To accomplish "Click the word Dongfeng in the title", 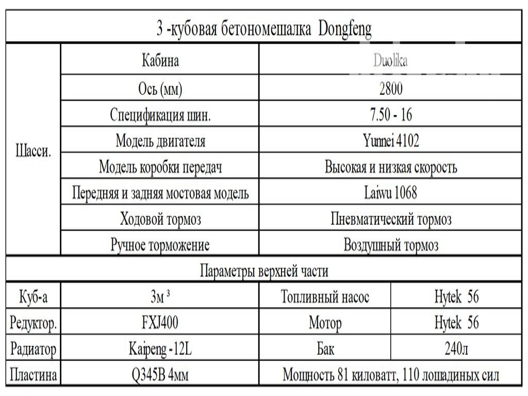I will coord(345,29).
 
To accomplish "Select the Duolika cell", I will coord(390,61).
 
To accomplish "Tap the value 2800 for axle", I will coord(390,89).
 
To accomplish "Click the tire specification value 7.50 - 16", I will coord(391,114).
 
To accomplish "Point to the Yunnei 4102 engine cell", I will coord(390,141).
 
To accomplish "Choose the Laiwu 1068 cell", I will coord(390,193).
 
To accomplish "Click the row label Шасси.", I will coord(34,153).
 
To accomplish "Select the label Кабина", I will coord(160,61).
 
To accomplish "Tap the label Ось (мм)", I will coord(160,89).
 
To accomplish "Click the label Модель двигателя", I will coord(160,141).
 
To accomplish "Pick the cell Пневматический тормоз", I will coord(391,220).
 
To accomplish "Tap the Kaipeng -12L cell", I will coord(160,350).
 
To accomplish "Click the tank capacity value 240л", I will coord(456,350).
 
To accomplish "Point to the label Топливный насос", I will coord(325,297).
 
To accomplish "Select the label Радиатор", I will coord(34,350).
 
